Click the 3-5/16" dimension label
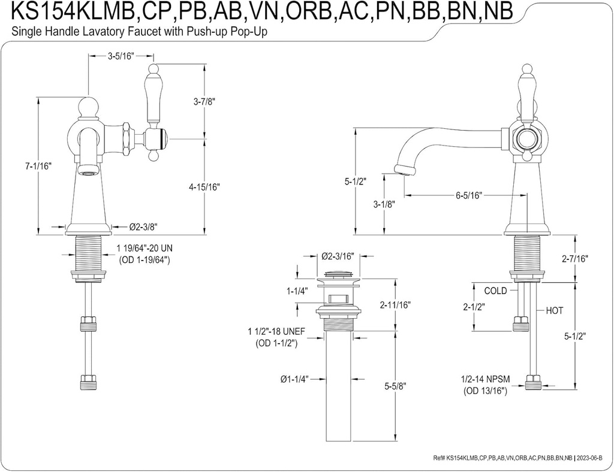121,57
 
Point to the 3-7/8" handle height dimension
204,102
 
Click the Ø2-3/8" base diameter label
144,227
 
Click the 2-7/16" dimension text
575,259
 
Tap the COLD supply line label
495,291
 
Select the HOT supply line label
554,311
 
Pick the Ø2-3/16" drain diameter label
338,256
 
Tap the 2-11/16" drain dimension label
395,305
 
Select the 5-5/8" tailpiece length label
395,386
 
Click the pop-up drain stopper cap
338,276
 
